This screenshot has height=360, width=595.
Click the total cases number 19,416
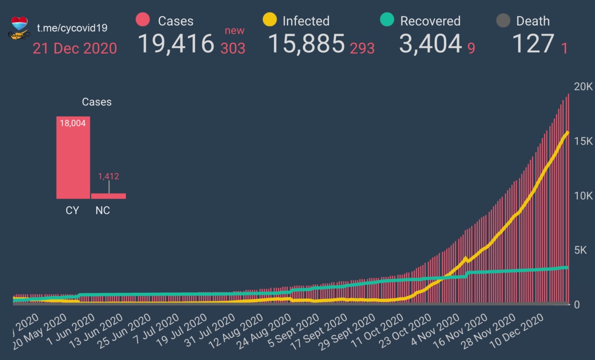pyautogui.click(x=176, y=44)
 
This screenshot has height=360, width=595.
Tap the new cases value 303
pyautogui.click(x=233, y=48)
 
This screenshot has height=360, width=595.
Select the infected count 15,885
pyautogui.click(x=306, y=44)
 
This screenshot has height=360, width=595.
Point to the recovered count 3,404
pyautogui.click(x=430, y=44)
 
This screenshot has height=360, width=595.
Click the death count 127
pyautogui.click(x=533, y=44)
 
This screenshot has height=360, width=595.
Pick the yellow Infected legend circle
pyautogui.click(x=270, y=20)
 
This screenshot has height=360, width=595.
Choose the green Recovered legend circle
pyautogui.click(x=387, y=20)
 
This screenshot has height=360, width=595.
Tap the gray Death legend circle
pyautogui.click(x=503, y=20)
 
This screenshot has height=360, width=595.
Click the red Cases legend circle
pyautogui.click(x=143, y=20)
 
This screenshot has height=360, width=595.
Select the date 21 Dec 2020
pyautogui.click(x=75, y=48)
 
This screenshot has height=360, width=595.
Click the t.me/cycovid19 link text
pyautogui.click(x=72, y=28)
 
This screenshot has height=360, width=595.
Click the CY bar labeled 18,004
pyautogui.click(x=73, y=158)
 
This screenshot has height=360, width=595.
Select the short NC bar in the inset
pyautogui.click(x=108, y=196)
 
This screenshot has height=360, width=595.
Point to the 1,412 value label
pyautogui.click(x=108, y=177)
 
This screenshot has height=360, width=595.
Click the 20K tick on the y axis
pyautogui.click(x=583, y=87)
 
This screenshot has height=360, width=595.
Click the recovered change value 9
pyautogui.click(x=471, y=48)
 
